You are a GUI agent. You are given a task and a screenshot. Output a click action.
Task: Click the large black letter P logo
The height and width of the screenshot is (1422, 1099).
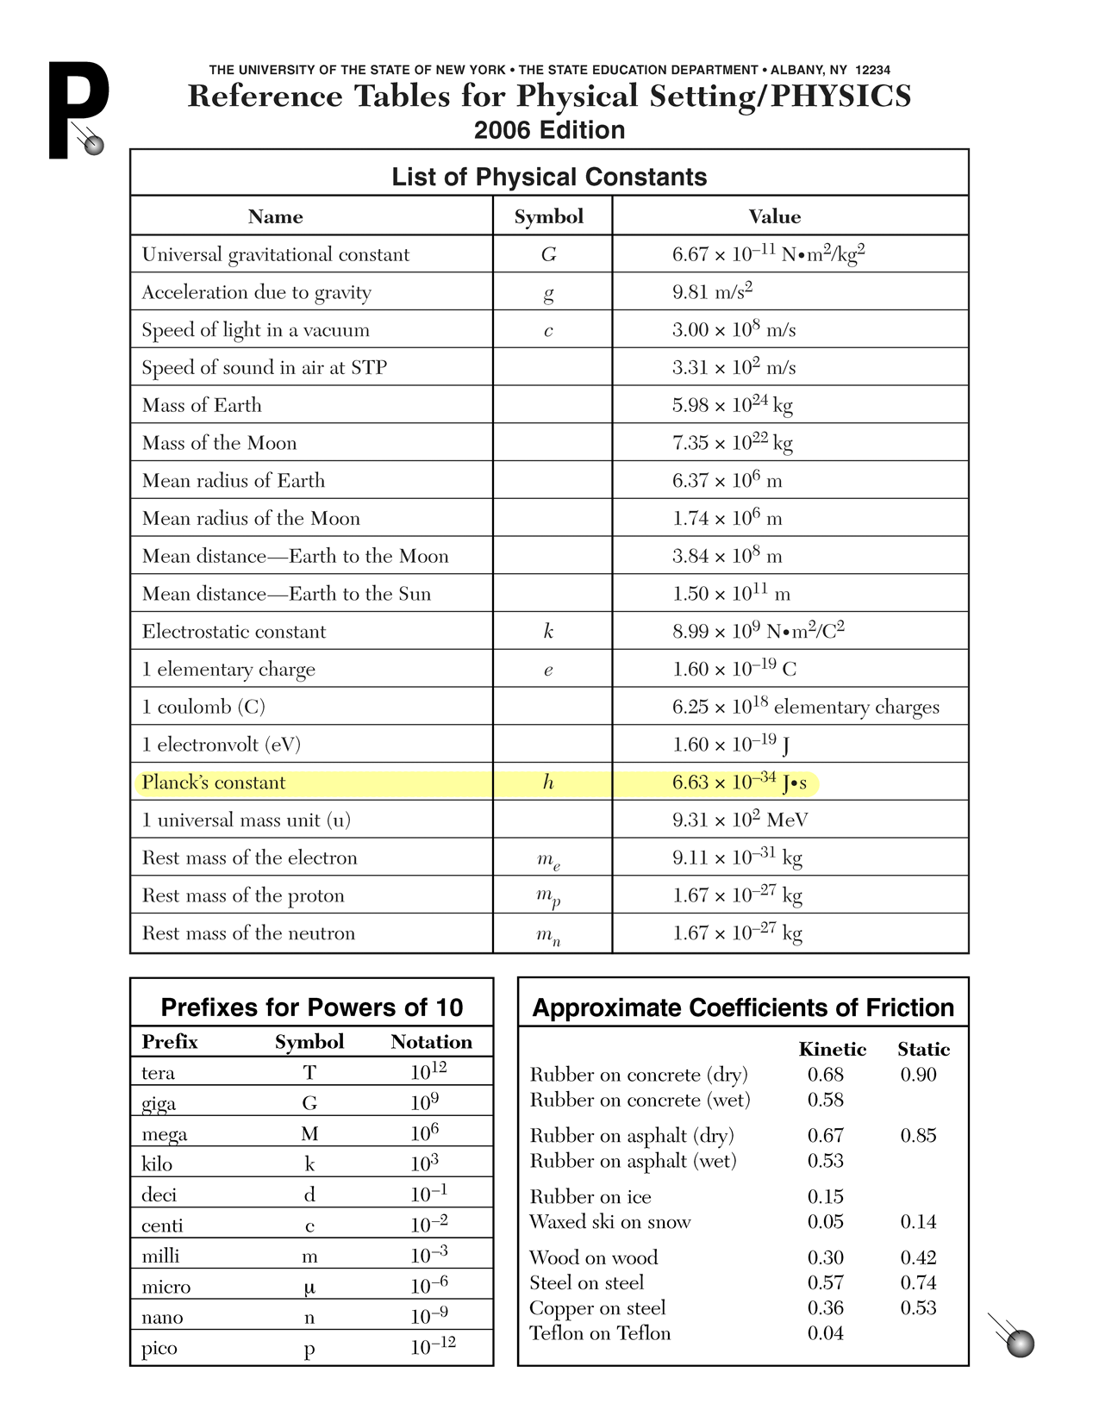[76, 109]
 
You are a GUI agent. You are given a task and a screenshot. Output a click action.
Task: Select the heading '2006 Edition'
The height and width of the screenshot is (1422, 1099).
[549, 130]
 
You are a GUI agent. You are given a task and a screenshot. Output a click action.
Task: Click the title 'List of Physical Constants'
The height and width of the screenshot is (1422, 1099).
[549, 177]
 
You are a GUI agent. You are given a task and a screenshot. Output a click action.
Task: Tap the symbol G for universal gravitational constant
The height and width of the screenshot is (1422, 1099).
[548, 254]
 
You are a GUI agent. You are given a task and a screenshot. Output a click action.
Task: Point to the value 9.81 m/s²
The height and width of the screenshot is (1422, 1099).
[712, 291]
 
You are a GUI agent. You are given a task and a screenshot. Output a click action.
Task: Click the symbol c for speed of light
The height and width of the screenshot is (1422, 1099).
[548, 330]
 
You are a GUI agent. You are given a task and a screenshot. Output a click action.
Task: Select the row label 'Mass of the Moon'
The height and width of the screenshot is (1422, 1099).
[219, 443]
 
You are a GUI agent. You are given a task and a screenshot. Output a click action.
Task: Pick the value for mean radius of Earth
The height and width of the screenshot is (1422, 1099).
[727, 480]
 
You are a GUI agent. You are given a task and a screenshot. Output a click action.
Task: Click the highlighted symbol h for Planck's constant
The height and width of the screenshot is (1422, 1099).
[548, 783]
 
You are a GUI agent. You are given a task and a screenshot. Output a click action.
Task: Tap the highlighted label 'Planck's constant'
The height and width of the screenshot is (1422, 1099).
[213, 783]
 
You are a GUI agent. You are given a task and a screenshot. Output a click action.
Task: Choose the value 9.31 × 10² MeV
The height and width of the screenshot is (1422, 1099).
[740, 820]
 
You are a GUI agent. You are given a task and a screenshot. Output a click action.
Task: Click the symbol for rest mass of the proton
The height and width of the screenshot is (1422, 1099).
[548, 897]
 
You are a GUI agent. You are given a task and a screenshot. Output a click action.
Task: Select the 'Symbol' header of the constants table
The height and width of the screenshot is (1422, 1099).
[548, 216]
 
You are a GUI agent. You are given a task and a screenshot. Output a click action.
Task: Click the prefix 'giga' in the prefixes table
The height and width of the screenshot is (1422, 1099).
[159, 1104]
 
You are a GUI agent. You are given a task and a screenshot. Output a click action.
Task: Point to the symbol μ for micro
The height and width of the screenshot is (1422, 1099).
[309, 1287]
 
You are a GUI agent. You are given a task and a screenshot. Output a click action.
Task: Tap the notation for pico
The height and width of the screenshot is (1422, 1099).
[433, 1346]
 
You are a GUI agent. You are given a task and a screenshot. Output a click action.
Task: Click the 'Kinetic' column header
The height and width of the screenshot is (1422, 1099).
[832, 1049]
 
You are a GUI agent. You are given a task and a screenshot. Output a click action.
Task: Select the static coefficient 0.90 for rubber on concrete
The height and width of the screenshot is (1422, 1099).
[918, 1075]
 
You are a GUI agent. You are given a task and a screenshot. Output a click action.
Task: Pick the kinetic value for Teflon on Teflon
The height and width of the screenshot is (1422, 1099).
[825, 1333]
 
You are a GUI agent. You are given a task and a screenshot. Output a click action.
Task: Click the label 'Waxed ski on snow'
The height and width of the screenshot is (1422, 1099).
[609, 1222]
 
